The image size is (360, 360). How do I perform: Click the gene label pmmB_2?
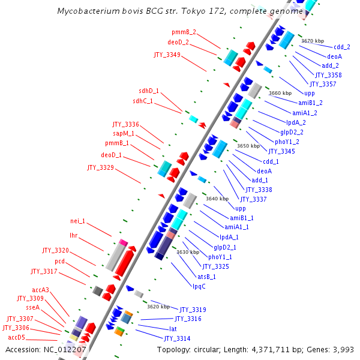pyautogui.click(x=184, y=32)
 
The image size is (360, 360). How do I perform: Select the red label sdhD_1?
pyautogui.click(x=146, y=91)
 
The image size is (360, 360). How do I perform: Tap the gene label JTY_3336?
pyautogui.click(x=125, y=124)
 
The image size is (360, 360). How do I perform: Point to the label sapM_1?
pyautogui.click(x=124, y=134)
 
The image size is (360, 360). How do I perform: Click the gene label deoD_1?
pyautogui.click(x=111, y=155)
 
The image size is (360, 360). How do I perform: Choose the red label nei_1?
pyautogui.click(x=77, y=220)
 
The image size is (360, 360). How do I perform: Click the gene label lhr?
pyautogui.click(x=74, y=235)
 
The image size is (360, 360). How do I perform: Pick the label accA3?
pyautogui.click(x=41, y=290)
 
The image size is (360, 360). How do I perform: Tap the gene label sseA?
pyautogui.click(x=32, y=307)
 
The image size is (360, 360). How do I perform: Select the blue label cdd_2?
pyautogui.click(x=342, y=47)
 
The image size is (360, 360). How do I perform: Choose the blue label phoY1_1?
pyautogui.click(x=220, y=257)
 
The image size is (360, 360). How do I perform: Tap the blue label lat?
pyautogui.click(x=173, y=329)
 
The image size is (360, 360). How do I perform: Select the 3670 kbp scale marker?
pyautogui.click(x=313, y=41)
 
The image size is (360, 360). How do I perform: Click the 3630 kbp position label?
pyautogui.click(x=188, y=252)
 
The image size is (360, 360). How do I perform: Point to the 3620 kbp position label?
pyautogui.click(x=158, y=306)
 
